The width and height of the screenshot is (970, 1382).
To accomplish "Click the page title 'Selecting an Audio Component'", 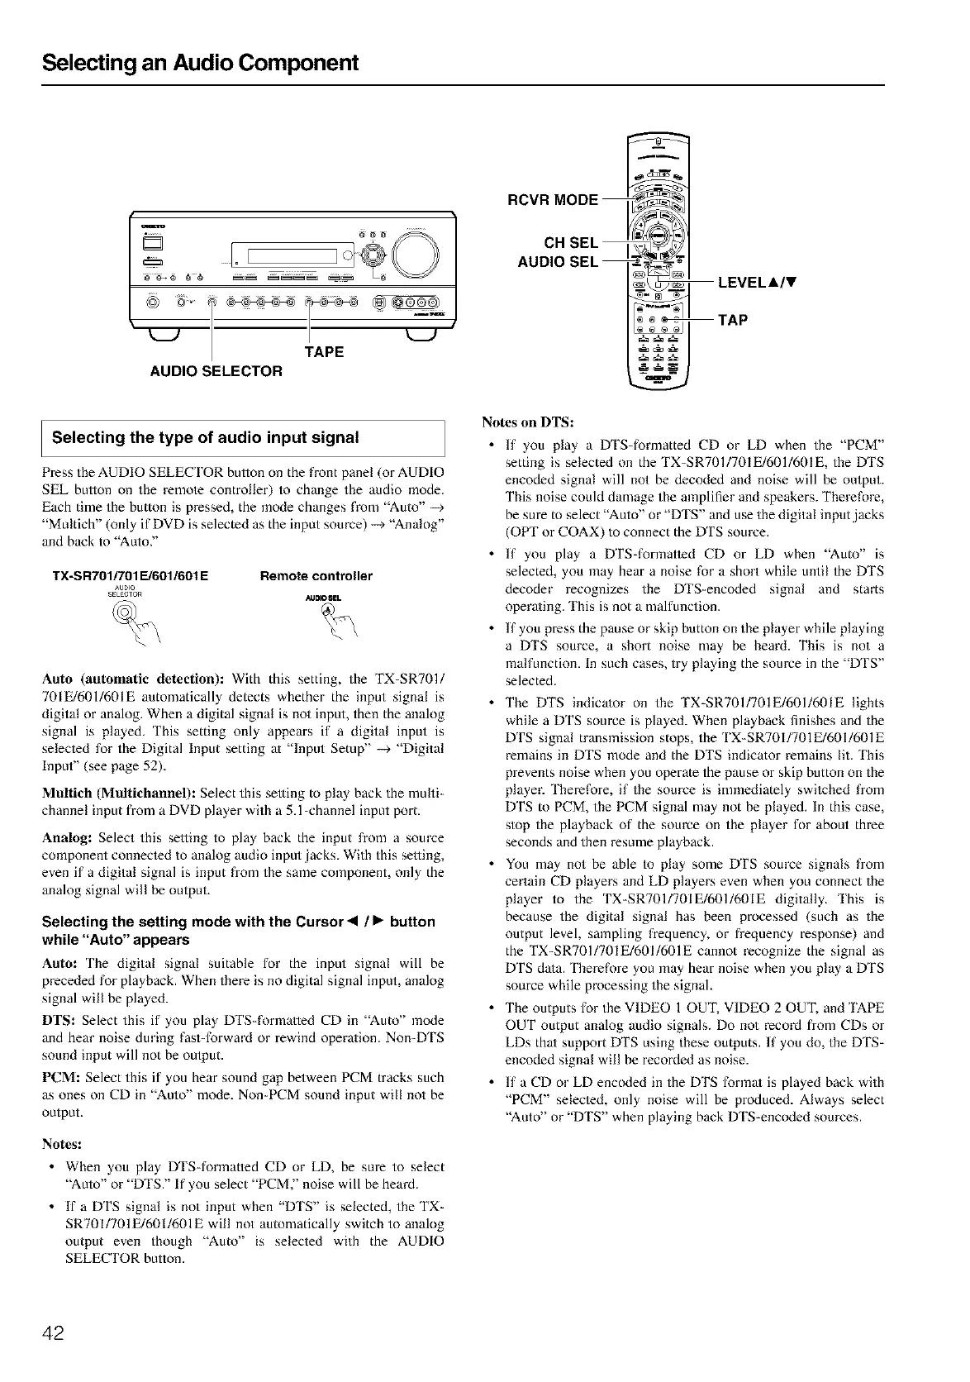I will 201,63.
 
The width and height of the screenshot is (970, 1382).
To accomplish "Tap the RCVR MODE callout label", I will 553,200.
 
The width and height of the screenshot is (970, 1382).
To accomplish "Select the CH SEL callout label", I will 570,242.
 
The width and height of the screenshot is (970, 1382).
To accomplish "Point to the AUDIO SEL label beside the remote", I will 557,262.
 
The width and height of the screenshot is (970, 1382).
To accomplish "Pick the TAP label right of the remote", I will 733,320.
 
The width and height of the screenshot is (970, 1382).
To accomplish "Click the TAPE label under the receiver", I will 324,351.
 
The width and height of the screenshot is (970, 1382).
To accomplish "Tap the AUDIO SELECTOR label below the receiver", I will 216,371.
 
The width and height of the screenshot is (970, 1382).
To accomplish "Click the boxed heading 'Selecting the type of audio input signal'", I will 206,437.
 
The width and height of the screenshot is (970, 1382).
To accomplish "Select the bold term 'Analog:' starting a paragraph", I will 64,837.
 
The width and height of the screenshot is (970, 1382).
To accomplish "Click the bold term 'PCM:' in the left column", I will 59,1077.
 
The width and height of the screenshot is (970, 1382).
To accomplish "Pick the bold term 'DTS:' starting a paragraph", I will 59,1020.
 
